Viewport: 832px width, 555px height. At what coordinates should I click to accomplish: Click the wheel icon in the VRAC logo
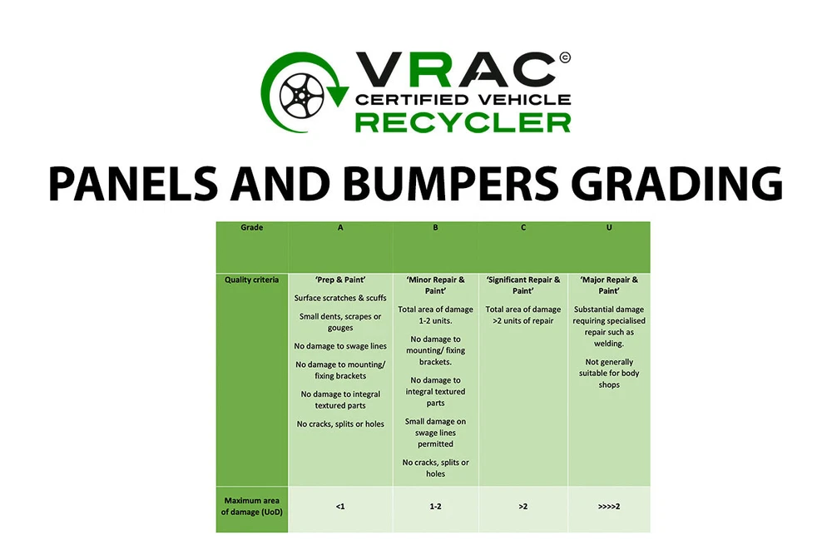pos(301,96)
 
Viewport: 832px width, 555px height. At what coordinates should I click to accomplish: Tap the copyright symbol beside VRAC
pos(565,57)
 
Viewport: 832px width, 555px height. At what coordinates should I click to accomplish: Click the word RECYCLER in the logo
pos(463,122)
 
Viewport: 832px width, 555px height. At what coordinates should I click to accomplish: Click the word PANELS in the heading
pos(132,184)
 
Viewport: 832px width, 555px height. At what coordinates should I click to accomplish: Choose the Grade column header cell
pos(251,247)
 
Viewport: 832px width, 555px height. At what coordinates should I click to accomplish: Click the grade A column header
pos(340,247)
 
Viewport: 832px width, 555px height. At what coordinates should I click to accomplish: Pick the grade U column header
pos(609,247)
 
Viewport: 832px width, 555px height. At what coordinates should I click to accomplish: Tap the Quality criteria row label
pos(251,280)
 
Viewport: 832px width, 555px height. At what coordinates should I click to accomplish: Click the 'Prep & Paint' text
pos(340,280)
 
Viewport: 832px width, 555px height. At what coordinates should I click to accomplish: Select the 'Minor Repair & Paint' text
pos(435,285)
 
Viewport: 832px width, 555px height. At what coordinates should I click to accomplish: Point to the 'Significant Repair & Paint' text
pos(523,285)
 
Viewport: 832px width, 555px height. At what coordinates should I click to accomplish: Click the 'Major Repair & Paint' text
pos(609,285)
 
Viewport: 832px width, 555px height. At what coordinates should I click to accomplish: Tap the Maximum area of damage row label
pos(251,506)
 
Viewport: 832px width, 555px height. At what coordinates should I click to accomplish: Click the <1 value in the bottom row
pos(340,506)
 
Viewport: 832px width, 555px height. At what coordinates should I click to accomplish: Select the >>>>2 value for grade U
pos(609,506)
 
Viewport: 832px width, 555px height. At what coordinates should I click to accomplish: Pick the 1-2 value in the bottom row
pos(435,506)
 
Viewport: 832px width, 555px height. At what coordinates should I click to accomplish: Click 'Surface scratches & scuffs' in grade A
pos(340,298)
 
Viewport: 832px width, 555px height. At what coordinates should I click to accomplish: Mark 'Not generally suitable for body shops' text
pos(609,373)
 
